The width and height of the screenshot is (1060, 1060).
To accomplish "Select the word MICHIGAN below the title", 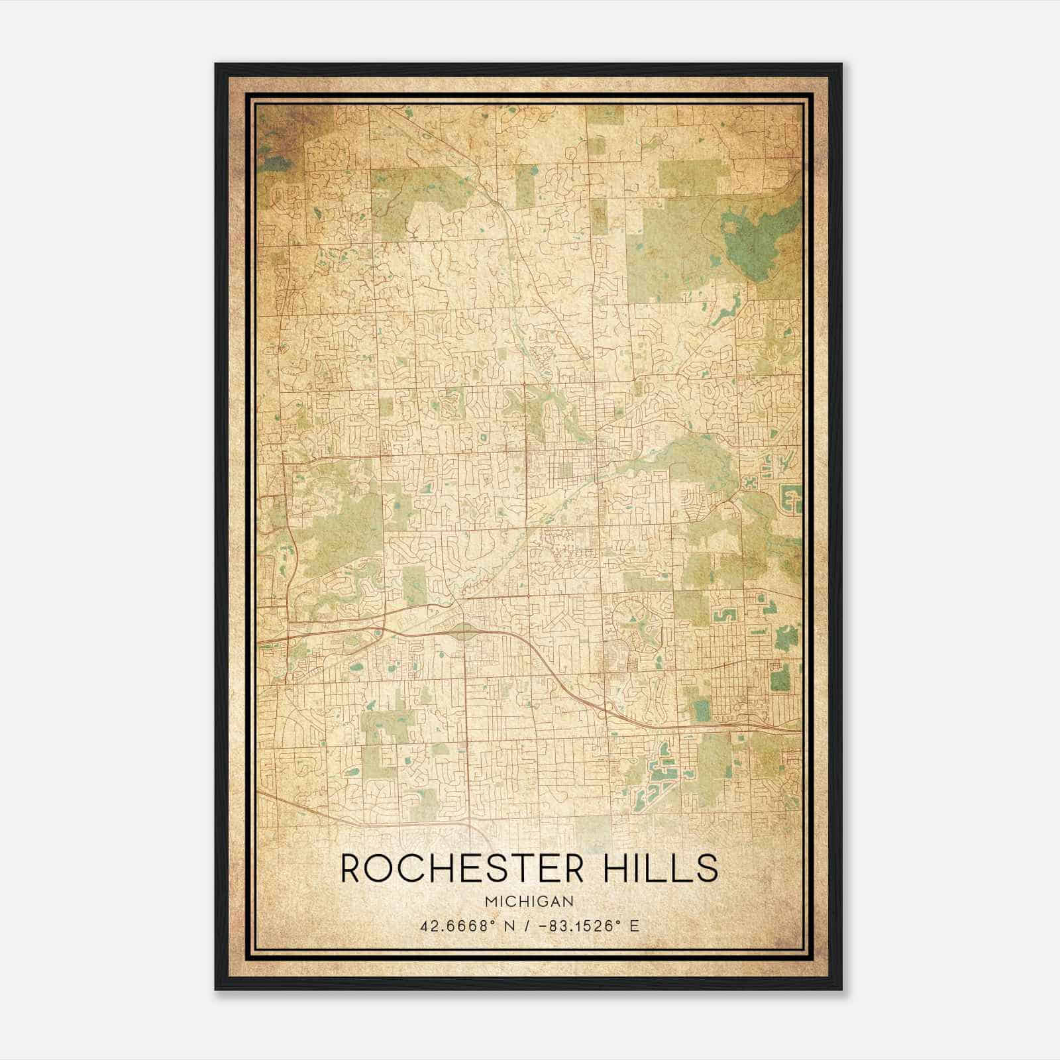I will click(529, 902).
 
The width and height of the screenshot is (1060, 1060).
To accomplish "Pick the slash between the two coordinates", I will click(527, 926).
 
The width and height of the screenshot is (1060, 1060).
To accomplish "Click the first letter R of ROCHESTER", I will click(351, 869).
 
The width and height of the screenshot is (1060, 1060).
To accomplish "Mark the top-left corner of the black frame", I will click(216, 65).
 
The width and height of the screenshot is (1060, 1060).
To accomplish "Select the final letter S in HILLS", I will click(708, 869).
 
